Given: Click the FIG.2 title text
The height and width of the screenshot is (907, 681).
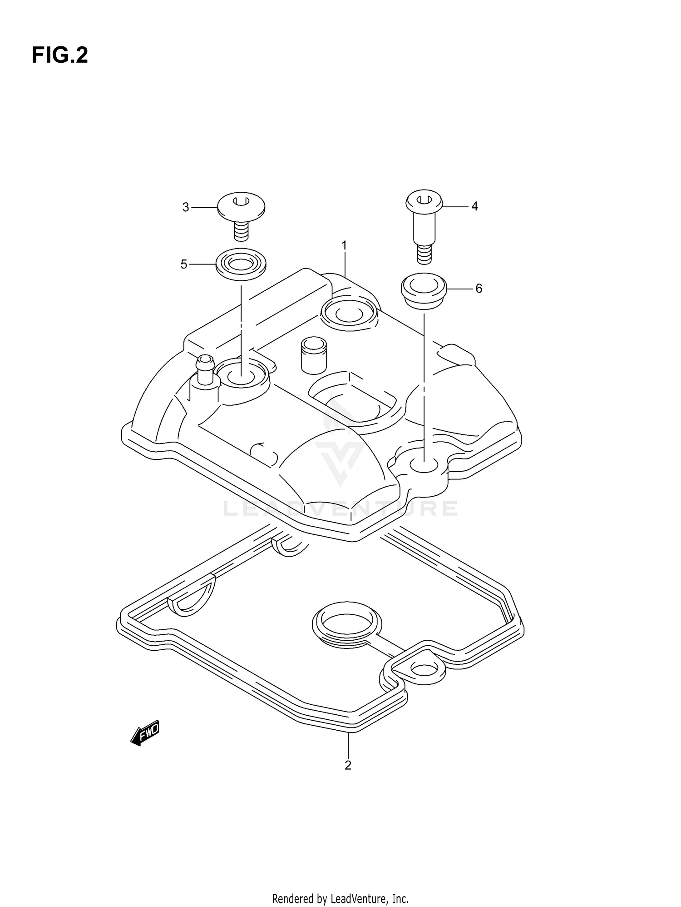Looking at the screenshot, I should point(59,55).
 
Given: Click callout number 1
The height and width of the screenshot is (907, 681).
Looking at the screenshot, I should point(344,246).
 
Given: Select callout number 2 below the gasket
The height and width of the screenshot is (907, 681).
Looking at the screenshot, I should point(348,765).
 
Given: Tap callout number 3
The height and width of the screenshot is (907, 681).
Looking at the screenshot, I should point(186,207).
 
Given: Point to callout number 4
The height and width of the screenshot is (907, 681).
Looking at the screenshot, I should point(474,206).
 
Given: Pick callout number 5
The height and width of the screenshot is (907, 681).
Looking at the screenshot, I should point(184,264).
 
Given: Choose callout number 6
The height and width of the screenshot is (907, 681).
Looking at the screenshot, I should point(479,289).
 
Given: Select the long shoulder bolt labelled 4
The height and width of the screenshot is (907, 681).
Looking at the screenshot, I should point(424,223).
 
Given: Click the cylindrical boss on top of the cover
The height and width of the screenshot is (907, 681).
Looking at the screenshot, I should point(313,355).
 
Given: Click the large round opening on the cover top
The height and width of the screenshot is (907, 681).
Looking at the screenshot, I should point(349,313).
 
